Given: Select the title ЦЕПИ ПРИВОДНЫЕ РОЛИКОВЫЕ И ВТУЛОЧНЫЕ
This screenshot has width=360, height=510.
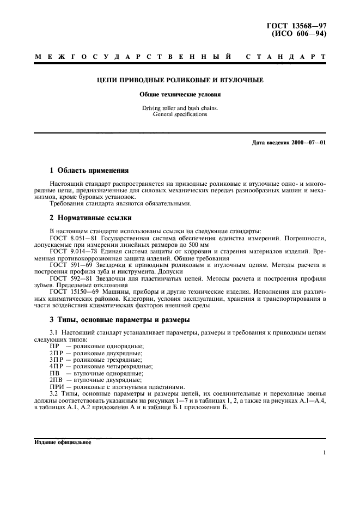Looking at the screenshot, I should coord(180,80).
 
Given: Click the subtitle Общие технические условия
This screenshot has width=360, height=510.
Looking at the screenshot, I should coord(180,94).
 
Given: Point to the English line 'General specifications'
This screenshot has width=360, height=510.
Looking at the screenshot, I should coord(180,114).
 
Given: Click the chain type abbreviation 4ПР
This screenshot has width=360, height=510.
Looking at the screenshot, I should coord(56,366).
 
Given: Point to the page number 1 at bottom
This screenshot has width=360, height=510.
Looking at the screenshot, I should coord(324,452).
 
